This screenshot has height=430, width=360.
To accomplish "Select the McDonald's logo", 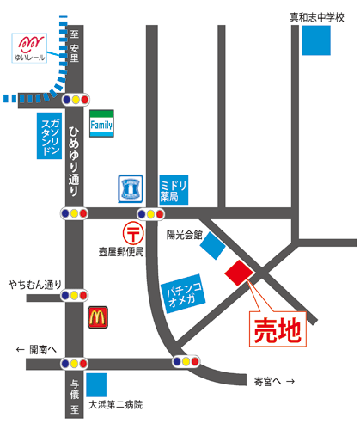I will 97,317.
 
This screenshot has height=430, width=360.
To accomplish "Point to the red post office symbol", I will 133,231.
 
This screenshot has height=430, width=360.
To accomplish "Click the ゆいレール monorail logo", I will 31,46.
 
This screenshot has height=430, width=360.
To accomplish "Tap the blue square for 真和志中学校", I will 316,40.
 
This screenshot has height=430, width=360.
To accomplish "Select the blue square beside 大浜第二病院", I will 97,384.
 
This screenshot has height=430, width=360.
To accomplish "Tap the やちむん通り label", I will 36,285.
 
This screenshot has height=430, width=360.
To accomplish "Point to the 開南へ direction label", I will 35,349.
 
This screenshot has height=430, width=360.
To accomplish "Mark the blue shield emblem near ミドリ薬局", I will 131,187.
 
